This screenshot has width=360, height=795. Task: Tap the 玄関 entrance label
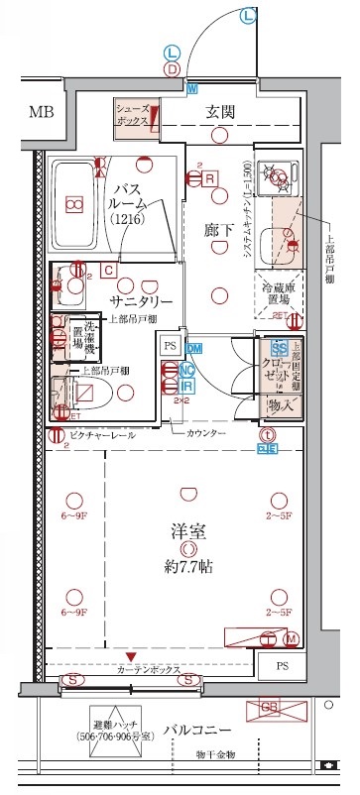point(219,111)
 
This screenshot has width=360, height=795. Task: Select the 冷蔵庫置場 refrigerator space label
point(278,293)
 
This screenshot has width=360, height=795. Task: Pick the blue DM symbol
point(194,347)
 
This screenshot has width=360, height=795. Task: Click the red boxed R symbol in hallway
point(210,177)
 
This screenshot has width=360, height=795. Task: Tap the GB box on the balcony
point(269,706)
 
